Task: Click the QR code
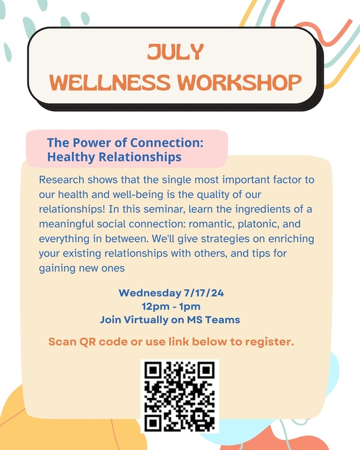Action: click(x=179, y=396)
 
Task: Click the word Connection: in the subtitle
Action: click(x=169, y=143)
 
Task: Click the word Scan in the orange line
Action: click(x=62, y=342)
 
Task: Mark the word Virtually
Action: click(x=154, y=320)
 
